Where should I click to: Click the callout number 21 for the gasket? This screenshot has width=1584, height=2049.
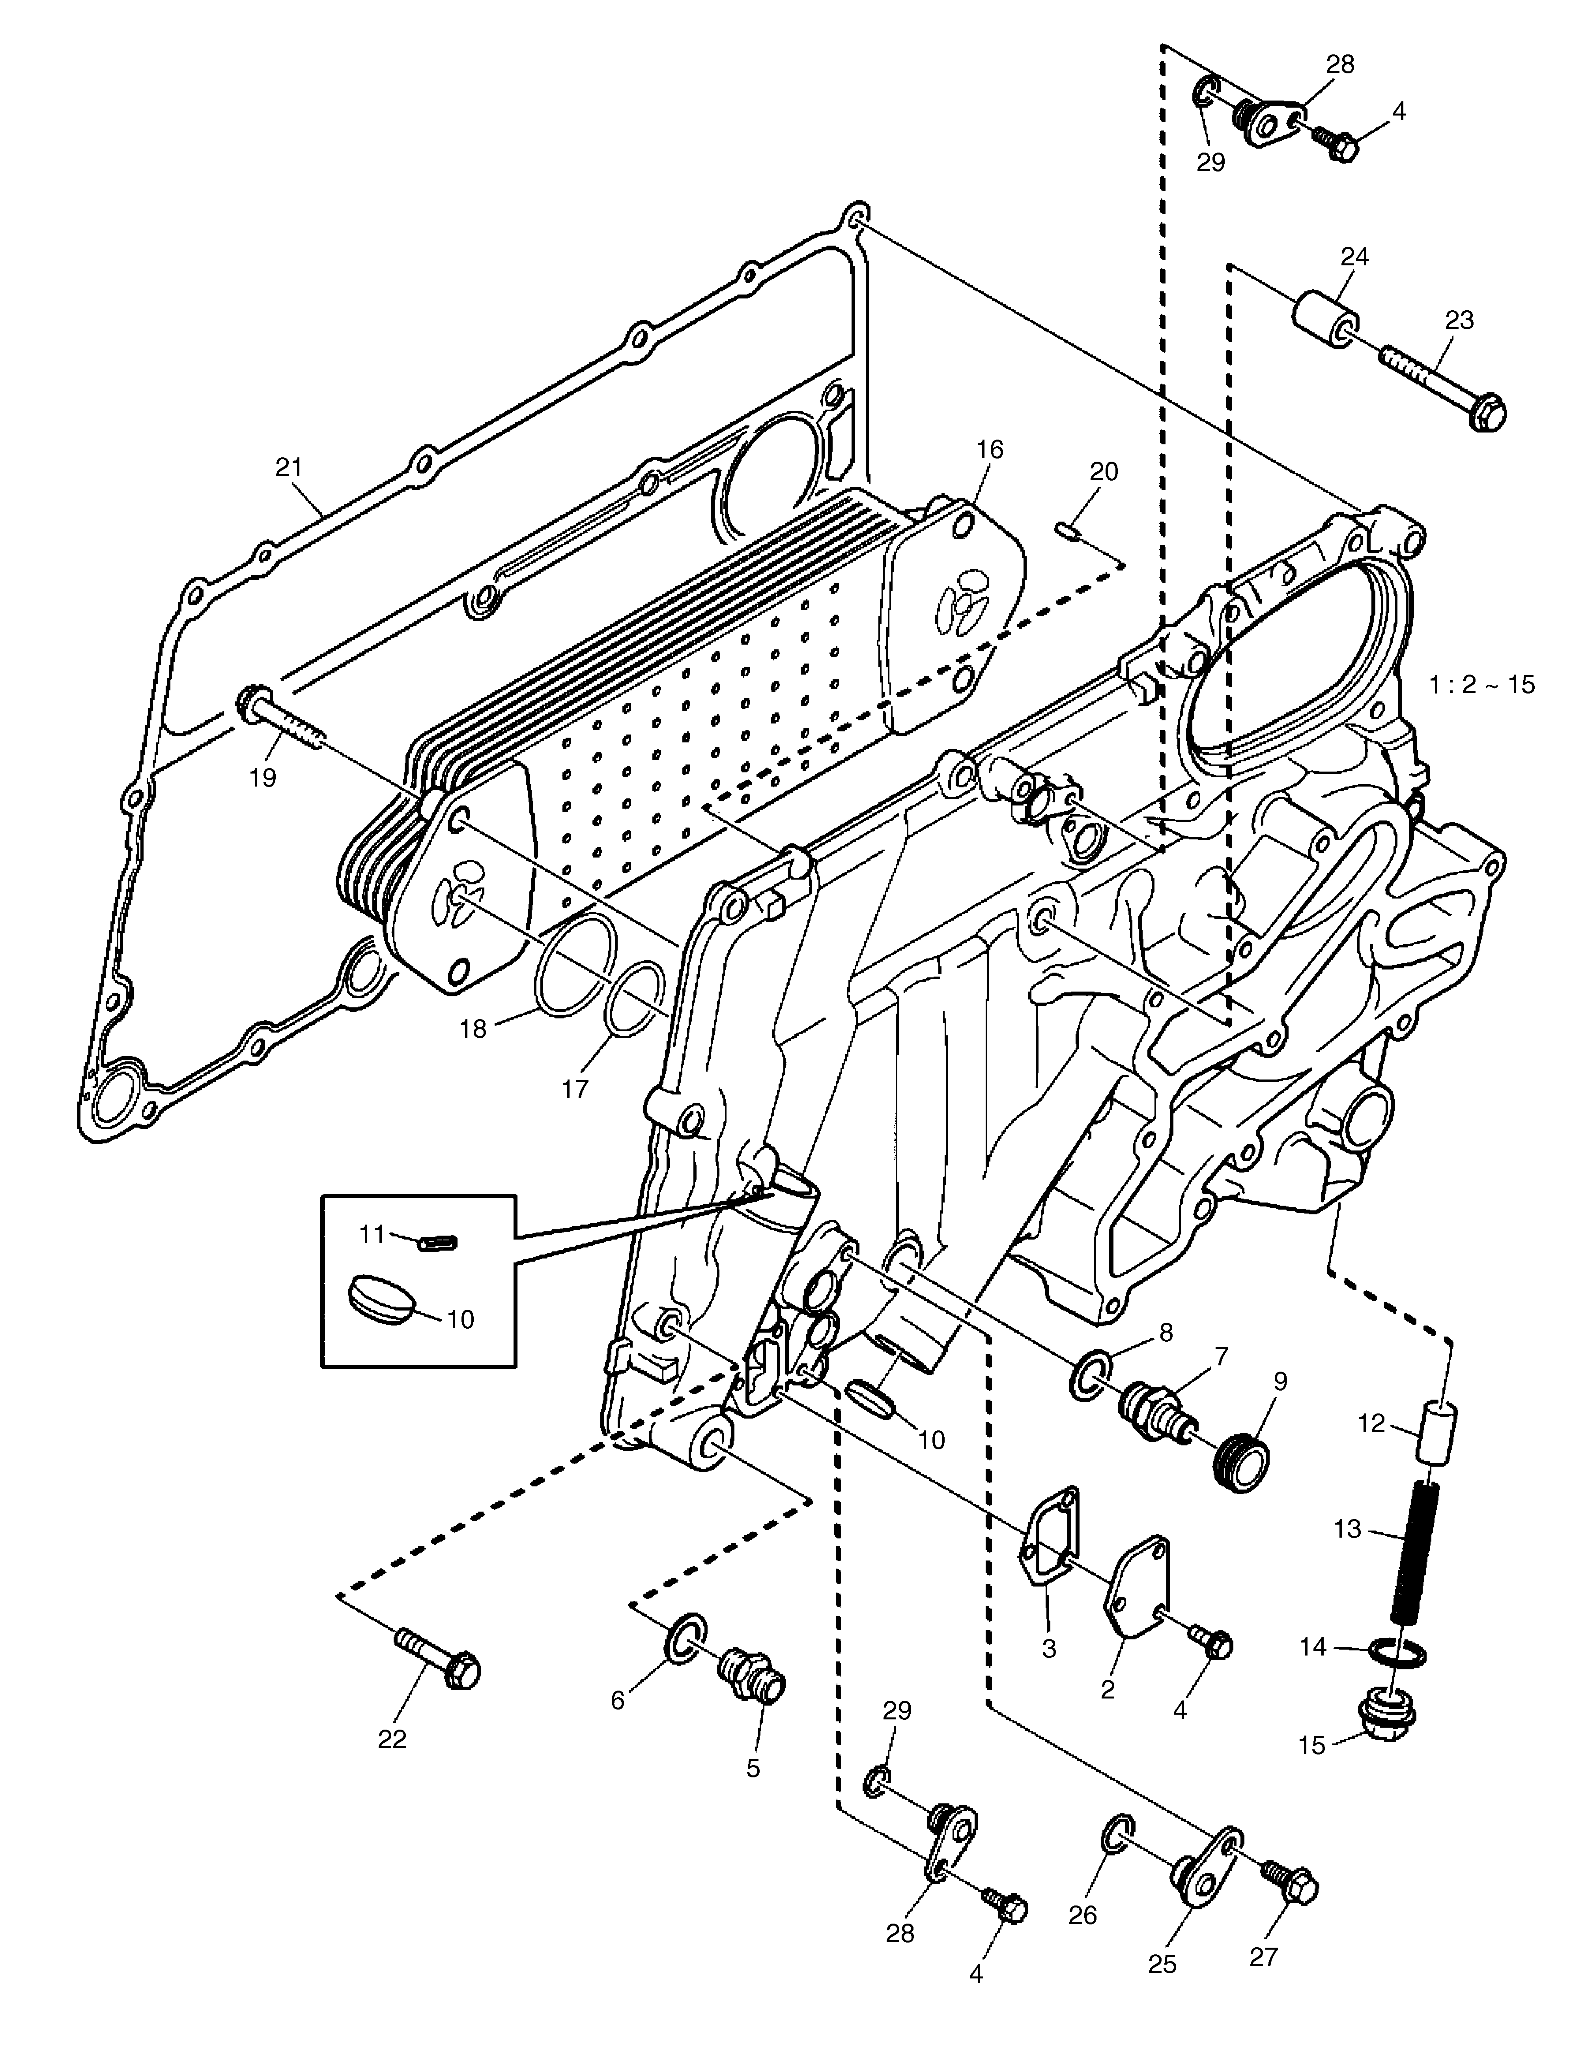[x=289, y=466]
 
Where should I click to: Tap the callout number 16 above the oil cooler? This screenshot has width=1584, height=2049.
[x=989, y=449]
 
